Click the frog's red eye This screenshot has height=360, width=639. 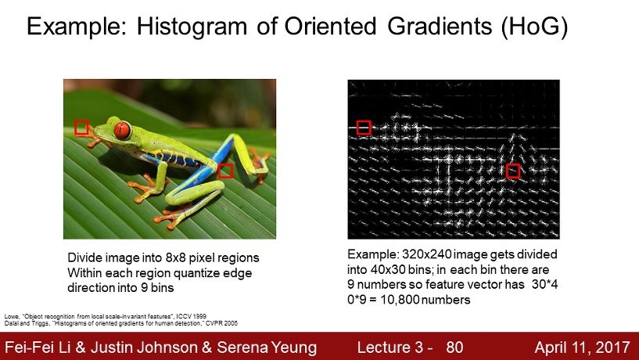[122, 130]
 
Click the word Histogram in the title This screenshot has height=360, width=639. [192, 27]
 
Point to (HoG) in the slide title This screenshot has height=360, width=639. [534, 27]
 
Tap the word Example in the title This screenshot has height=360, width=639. [77, 27]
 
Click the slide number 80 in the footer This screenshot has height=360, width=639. [454, 347]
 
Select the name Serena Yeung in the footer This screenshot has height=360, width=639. [267, 347]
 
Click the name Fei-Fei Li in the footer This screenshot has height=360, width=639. [38, 347]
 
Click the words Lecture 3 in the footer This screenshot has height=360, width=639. [390, 347]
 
